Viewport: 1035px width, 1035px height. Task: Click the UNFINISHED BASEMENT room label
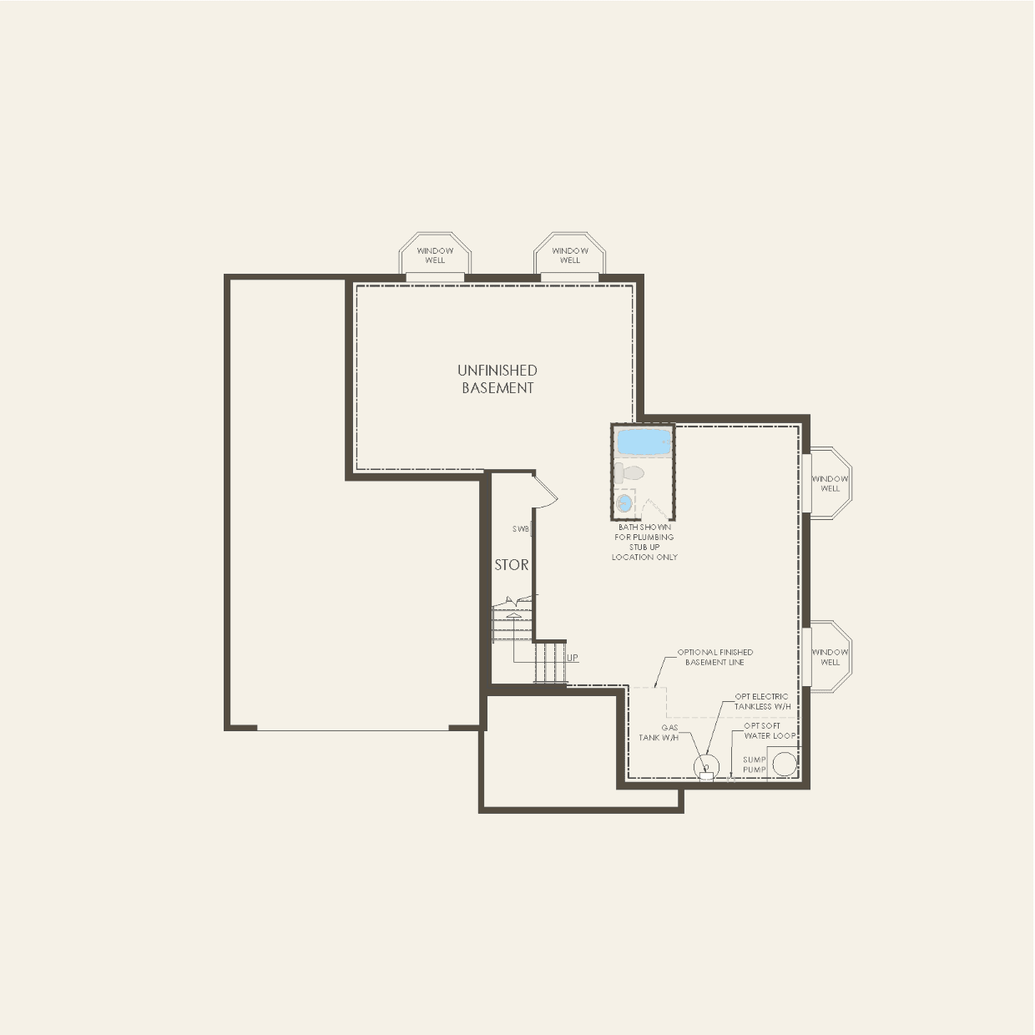(x=497, y=379)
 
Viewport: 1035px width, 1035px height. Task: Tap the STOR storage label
(x=511, y=565)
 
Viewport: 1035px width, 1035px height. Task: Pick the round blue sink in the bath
(x=624, y=503)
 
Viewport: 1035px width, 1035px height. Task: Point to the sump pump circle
(x=784, y=765)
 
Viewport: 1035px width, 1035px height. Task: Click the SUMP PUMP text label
(x=754, y=765)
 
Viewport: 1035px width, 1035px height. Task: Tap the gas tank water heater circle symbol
(x=706, y=766)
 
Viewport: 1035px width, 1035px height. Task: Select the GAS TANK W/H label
(x=659, y=733)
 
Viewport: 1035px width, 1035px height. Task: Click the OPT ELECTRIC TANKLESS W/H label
(x=762, y=701)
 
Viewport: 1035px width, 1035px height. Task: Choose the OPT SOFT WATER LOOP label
(x=769, y=731)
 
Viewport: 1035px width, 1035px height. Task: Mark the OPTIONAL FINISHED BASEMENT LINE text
(x=714, y=657)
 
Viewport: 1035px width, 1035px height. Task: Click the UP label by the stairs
(x=573, y=658)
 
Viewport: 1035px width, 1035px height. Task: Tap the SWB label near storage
(x=521, y=529)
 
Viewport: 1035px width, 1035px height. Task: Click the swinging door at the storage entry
(x=544, y=491)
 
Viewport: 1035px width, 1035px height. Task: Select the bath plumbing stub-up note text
(x=644, y=543)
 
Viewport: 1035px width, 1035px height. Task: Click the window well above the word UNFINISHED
(x=435, y=255)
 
